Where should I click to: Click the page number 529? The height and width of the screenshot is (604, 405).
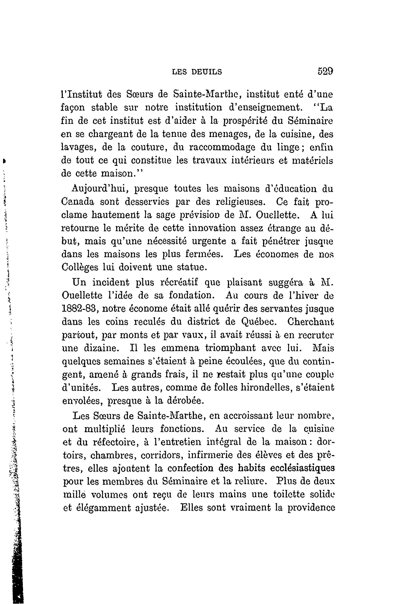325,71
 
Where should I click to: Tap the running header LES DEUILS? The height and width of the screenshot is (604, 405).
197,72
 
